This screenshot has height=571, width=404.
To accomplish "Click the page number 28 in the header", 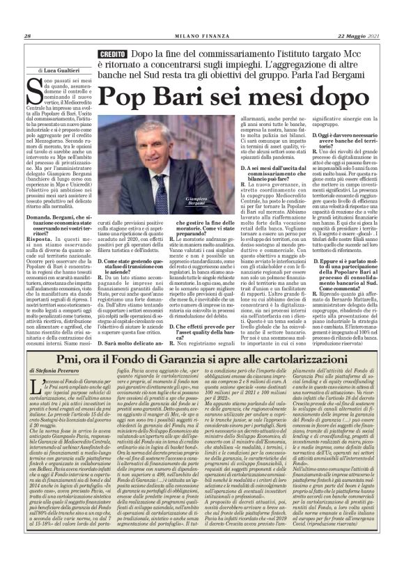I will click(x=26, y=37).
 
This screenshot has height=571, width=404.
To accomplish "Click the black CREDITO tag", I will click(x=111, y=54).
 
